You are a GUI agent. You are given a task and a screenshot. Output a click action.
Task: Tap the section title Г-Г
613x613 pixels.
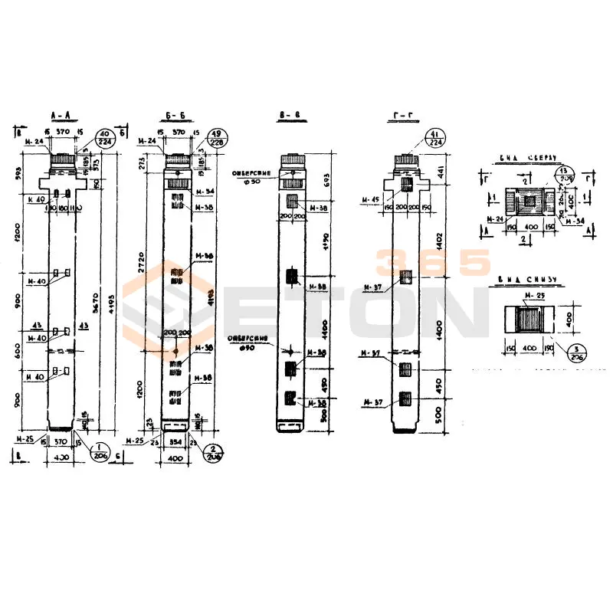(402, 116)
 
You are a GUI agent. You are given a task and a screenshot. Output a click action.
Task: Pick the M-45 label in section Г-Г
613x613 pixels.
(372, 201)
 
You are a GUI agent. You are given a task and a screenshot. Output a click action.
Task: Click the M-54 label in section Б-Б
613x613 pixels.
(205, 191)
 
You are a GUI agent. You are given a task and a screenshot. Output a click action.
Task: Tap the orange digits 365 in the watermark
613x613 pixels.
(432, 263)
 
